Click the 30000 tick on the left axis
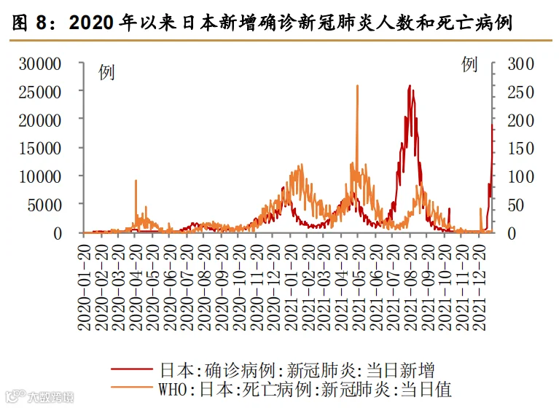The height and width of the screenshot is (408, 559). (x=40, y=65)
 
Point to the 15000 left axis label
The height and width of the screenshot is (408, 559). (x=40, y=149)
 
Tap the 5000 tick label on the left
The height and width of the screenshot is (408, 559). (x=44, y=205)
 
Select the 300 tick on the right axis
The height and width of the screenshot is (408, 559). (x=521, y=65)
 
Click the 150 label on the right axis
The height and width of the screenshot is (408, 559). (x=521, y=149)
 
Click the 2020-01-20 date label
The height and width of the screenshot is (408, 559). (x=85, y=287)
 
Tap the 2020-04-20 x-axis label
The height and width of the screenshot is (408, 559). (x=136, y=287)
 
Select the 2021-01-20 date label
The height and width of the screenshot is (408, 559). (x=291, y=287)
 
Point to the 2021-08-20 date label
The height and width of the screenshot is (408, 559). (x=411, y=287)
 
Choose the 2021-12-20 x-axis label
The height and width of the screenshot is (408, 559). (x=480, y=287)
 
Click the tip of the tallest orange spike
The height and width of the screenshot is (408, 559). (x=357, y=85)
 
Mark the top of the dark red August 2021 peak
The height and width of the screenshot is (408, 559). (x=410, y=85)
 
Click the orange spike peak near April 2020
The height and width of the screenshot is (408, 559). (x=136, y=181)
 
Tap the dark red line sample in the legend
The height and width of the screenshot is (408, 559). (x=132, y=369)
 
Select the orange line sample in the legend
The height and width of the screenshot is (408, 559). (x=132, y=387)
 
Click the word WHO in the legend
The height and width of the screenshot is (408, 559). (x=173, y=389)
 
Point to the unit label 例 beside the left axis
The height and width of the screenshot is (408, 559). (x=106, y=72)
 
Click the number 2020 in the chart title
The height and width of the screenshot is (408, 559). (x=91, y=23)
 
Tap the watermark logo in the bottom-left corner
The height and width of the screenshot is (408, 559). (x=15, y=396)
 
